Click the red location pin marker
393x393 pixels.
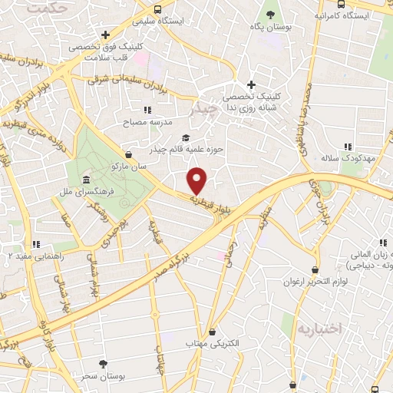[198, 180]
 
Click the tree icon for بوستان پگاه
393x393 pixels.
[269, 14]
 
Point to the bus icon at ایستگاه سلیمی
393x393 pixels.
[157, 9]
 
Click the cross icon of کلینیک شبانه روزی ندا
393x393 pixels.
[251, 84]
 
